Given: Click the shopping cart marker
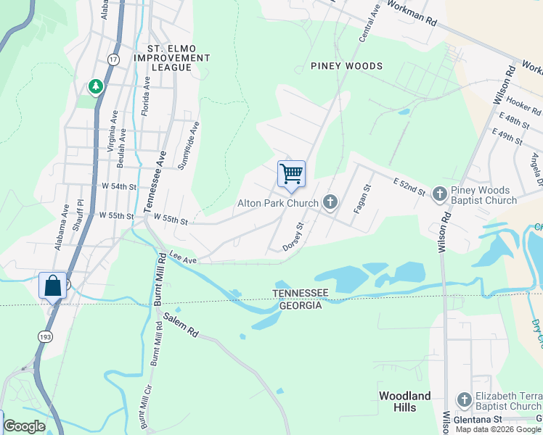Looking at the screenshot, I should point(291,174).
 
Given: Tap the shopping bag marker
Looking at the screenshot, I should point(53,285).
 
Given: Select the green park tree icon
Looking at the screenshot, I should point(95,87).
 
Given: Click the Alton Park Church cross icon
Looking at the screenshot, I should point(330,202).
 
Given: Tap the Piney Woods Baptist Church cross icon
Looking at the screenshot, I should point(439,194).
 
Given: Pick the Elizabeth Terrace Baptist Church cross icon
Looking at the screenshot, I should point(465,399).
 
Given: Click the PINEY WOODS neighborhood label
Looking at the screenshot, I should point(346,66).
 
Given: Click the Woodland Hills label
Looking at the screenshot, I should point(405,402).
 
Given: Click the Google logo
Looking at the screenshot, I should point(24,426).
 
